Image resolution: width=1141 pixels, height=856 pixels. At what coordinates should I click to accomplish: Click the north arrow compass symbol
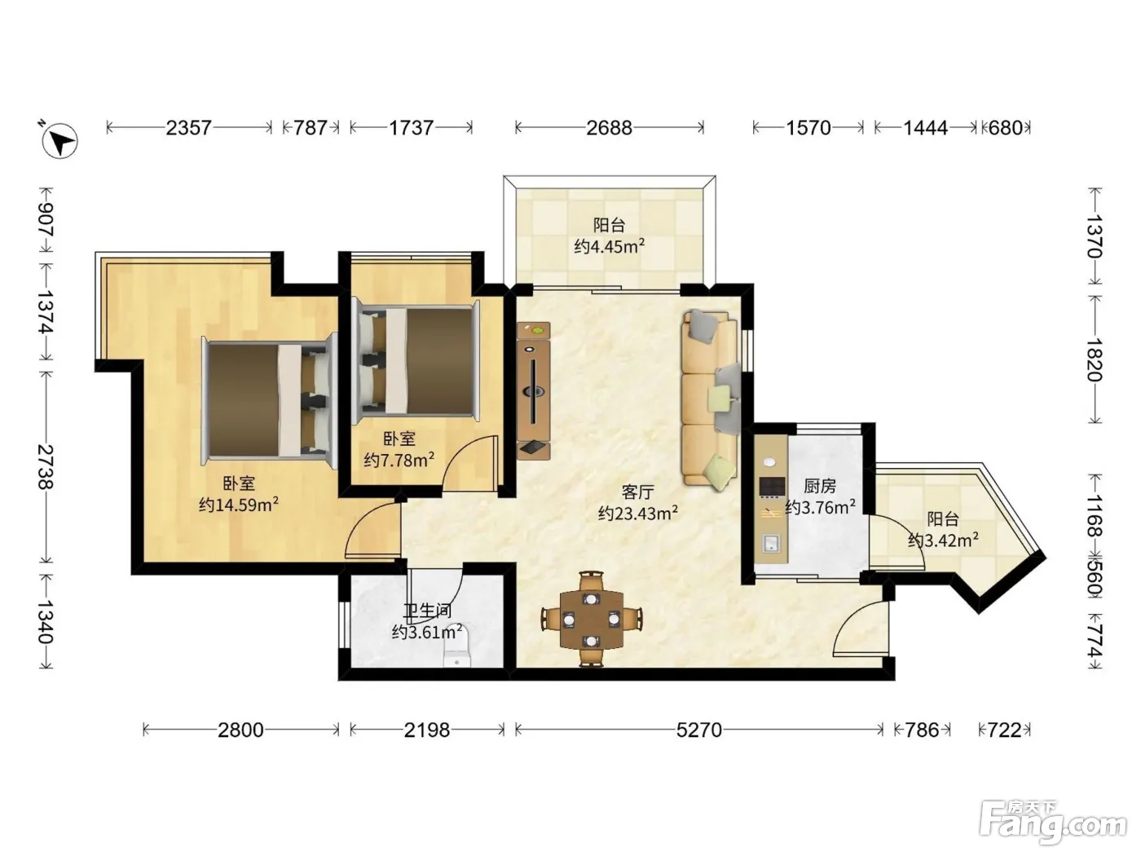[x=59, y=139]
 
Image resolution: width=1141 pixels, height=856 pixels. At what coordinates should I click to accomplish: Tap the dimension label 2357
[x=189, y=128]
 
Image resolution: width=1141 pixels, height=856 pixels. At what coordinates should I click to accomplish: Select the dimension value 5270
[x=698, y=730]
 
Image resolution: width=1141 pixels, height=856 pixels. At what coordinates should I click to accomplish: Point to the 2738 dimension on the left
[x=46, y=466]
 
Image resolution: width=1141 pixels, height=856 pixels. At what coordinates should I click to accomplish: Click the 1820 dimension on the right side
[x=1095, y=360]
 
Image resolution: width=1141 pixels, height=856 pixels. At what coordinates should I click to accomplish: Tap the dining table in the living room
[x=592, y=619]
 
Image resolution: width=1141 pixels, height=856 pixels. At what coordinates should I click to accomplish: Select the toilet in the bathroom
[x=457, y=646]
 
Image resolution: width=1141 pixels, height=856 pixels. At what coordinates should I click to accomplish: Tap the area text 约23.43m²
[x=637, y=513]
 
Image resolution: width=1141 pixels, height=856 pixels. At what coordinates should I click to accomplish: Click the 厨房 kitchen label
[x=820, y=486]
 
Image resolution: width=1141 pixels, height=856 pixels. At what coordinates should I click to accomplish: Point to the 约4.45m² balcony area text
[x=610, y=245]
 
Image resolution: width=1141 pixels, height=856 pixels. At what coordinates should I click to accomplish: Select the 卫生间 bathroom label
[x=428, y=610]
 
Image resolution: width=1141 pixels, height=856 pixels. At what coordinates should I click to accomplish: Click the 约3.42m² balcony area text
[x=943, y=540]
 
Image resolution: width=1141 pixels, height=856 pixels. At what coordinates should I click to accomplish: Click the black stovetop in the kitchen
[x=771, y=487]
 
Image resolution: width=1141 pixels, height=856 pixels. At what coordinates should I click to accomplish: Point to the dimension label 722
[x=1004, y=730]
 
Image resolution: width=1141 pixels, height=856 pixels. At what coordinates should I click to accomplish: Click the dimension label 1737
[x=412, y=128]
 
